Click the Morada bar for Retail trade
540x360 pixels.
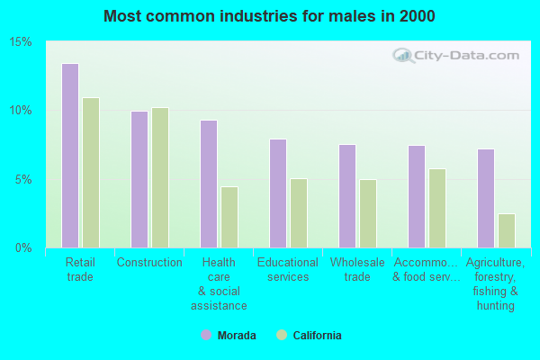[70, 156]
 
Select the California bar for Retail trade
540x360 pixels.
[91, 173]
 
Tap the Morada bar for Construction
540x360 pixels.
[139, 179]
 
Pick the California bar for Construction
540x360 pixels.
[160, 177]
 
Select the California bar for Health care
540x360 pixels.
[229, 217]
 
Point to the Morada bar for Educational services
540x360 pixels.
[278, 193]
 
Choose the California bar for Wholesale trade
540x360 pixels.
[368, 213]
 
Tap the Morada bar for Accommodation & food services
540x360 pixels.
[417, 196]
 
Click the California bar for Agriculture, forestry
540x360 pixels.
[507, 230]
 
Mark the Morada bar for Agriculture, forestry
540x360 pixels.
[486, 198]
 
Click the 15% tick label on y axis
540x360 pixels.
[21, 42]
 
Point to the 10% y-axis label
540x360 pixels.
[21, 111]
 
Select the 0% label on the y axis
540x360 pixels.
[24, 247]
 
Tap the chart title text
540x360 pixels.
[269, 16]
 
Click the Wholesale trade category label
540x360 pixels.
[357, 269]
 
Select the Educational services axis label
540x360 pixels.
[288, 269]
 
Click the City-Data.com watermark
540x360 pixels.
[457, 56]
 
